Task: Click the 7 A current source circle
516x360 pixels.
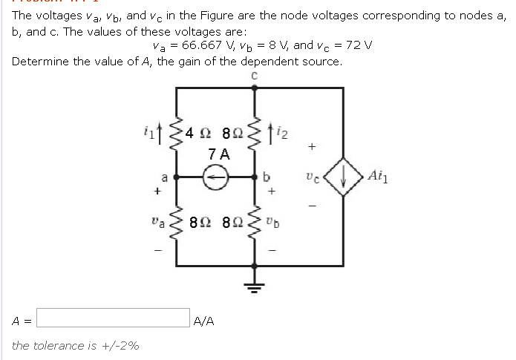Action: click(x=216, y=178)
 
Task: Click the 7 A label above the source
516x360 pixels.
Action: click(x=219, y=155)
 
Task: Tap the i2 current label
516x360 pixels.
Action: click(x=284, y=134)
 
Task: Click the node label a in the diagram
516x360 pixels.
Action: click(x=165, y=177)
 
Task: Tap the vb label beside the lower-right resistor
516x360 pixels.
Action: click(x=285, y=221)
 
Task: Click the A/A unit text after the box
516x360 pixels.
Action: click(x=203, y=321)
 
